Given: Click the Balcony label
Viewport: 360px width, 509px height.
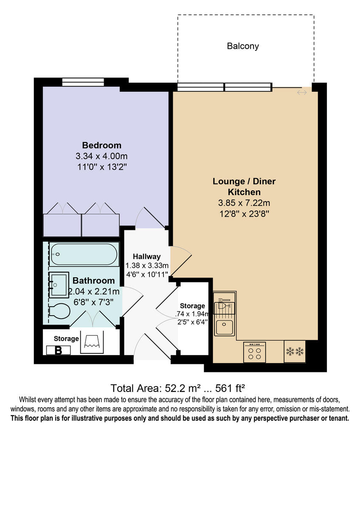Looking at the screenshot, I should [x=243, y=46].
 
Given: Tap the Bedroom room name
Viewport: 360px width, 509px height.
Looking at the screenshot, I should [x=101, y=145].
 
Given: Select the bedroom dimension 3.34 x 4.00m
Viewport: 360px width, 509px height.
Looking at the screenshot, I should [x=101, y=156].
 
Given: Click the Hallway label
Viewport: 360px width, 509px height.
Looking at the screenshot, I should [x=146, y=256].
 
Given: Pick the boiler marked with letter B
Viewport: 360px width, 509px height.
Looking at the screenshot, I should [x=59, y=350].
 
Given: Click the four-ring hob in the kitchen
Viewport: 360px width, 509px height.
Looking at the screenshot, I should [x=255, y=352].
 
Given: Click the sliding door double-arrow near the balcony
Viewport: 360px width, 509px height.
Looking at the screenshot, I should [x=302, y=92].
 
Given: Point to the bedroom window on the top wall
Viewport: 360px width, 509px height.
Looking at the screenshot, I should [x=83, y=82].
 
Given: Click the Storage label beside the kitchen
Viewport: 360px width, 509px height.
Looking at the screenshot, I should [x=192, y=306].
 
